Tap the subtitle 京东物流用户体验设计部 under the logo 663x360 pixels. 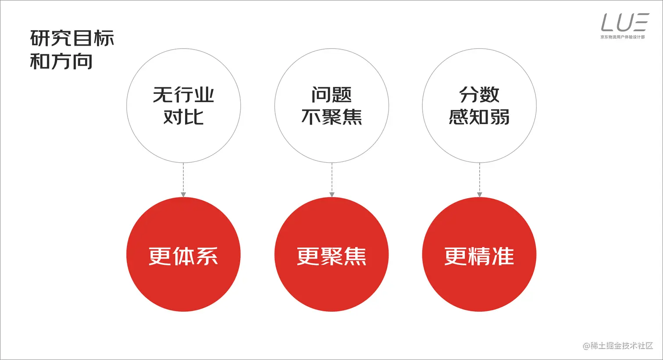point(623,37)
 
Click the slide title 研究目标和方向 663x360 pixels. point(72,50)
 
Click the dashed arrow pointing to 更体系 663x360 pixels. point(183,180)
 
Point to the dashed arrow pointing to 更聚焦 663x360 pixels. point(331,180)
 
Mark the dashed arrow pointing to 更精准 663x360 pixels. point(479,180)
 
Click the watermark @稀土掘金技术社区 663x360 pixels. point(618,346)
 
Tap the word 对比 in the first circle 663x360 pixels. point(183,117)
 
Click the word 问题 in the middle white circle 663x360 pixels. point(331,94)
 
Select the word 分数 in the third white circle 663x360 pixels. point(479,94)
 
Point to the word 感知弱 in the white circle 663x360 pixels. point(479,117)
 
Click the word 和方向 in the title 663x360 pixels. point(61,61)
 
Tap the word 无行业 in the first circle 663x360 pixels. point(183,94)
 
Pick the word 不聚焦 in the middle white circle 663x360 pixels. point(331,117)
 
